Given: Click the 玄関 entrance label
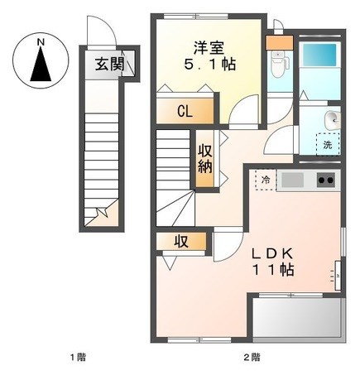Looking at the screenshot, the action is [110, 65].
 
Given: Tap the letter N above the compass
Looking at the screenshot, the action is [41, 42].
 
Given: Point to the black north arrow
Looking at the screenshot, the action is [41, 64].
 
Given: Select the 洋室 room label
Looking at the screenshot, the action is [209, 48].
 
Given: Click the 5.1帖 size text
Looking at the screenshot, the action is [209, 65].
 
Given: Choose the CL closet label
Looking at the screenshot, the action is [185, 112].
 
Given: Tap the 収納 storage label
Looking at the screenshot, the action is [205, 159].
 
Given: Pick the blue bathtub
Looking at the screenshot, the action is [320, 54].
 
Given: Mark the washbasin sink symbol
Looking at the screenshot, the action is [332, 120].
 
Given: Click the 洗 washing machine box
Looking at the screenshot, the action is [328, 145].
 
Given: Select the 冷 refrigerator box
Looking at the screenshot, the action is [266, 180].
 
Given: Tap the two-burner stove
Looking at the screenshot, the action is [326, 180].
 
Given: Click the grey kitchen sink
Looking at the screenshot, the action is [292, 180].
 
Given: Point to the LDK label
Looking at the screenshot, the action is [272, 253].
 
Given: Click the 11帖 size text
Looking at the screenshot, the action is [273, 270].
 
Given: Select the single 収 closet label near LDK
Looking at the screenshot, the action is [181, 242].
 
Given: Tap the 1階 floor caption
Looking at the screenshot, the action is [78, 358].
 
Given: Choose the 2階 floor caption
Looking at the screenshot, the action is [252, 358].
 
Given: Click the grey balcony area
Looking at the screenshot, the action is [297, 317].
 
